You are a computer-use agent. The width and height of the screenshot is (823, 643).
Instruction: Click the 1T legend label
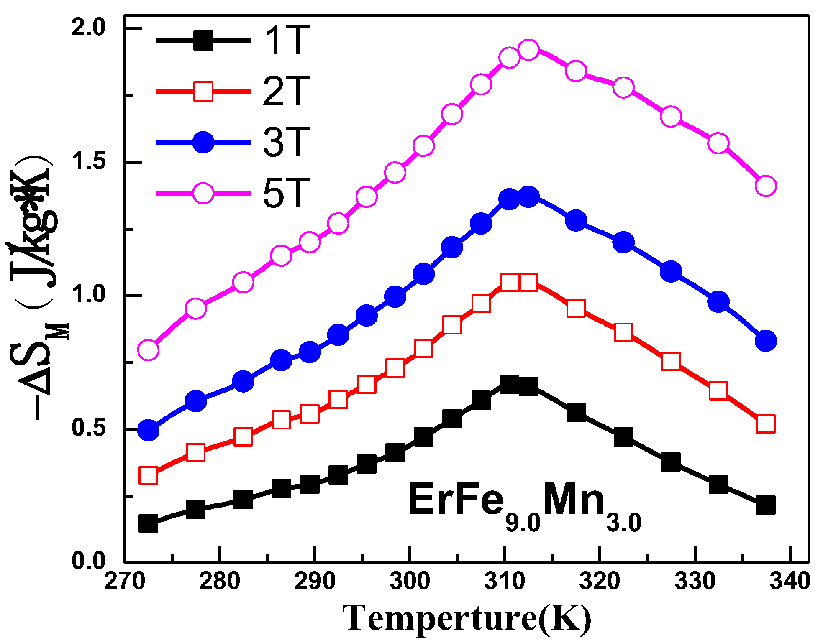pyautogui.click(x=287, y=41)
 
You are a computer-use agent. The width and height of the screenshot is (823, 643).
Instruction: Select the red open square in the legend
pyautogui.click(x=203, y=91)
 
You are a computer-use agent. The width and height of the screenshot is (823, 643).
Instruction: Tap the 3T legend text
pyautogui.click(x=287, y=142)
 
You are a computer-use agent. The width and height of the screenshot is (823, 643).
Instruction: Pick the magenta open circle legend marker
pyautogui.click(x=203, y=193)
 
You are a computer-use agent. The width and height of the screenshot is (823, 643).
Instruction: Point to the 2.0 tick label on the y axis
pyautogui.click(x=89, y=28)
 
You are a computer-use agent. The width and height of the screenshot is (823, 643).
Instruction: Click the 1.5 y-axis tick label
pyautogui.click(x=89, y=162)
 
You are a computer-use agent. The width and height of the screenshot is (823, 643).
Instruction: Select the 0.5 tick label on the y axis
pyautogui.click(x=89, y=429)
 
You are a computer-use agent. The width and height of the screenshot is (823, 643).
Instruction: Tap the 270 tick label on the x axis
pyautogui.click(x=125, y=581)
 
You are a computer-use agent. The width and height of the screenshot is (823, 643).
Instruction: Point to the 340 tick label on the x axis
pyautogui.click(x=790, y=581)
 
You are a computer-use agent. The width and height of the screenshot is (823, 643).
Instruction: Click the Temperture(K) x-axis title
pyautogui.click(x=467, y=618)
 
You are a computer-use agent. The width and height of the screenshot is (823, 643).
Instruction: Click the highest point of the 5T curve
pyautogui.click(x=528, y=50)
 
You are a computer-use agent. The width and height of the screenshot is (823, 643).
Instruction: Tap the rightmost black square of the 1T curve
pyautogui.click(x=766, y=505)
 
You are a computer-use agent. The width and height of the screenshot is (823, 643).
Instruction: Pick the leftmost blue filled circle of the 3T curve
pyautogui.click(x=148, y=430)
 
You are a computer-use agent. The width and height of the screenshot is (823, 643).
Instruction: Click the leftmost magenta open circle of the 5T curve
pyautogui.click(x=148, y=350)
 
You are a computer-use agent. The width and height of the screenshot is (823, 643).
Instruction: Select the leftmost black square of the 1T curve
pyautogui.click(x=148, y=523)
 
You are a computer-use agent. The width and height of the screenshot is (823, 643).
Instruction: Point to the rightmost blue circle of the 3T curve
pyautogui.click(x=766, y=341)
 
